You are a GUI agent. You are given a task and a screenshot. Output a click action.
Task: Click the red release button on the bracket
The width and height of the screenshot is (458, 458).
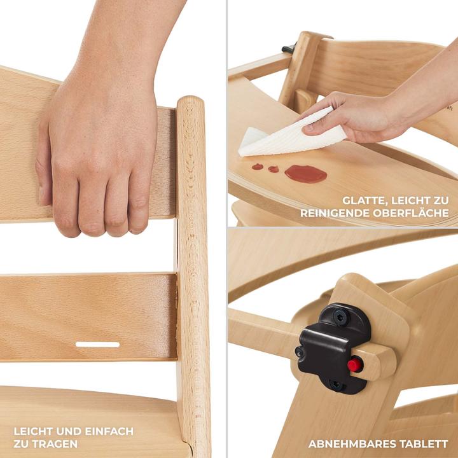coord(355,364)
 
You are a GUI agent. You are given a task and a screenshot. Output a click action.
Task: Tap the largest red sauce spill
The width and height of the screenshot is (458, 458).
coord(305,174)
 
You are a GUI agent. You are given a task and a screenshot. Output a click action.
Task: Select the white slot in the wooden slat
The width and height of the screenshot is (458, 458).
coord(97,345)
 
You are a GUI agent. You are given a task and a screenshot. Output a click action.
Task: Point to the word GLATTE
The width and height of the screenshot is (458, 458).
coord(365,201)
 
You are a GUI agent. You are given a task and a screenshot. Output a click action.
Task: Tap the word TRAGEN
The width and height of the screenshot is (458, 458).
coord(53,444)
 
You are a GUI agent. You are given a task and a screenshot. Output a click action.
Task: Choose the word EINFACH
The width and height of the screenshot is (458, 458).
coord(109,431)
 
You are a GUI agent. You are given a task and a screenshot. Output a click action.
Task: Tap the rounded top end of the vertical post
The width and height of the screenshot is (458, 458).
coord(190,100)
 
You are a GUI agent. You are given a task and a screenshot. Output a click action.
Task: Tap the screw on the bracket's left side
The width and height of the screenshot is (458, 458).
coord(299,352)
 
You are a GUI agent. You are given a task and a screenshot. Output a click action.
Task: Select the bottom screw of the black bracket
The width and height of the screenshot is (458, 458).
coord(337,385)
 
